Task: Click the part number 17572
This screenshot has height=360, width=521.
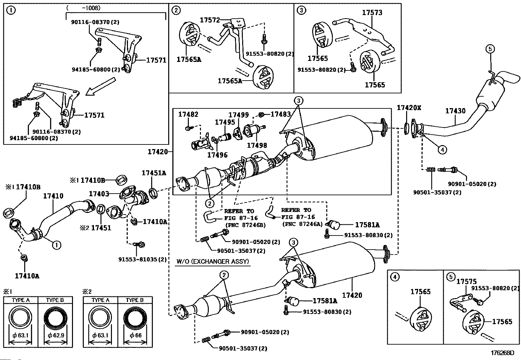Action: click(210, 20)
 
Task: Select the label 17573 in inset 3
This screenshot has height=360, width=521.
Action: click(372, 13)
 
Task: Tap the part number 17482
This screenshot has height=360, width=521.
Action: click(188, 114)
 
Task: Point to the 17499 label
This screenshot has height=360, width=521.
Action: click(239, 115)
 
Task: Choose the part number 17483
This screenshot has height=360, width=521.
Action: click(280, 114)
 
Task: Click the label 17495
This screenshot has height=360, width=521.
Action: click(225, 122)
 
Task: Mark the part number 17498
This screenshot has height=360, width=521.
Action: click(257, 145)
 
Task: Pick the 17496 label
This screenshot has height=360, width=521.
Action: click(217, 155)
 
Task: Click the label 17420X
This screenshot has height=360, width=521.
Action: click(409, 108)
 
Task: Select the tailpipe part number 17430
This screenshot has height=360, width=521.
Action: click(455, 111)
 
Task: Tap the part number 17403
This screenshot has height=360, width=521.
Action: click(99, 194)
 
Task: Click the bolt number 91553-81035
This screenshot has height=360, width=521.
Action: click(142, 259)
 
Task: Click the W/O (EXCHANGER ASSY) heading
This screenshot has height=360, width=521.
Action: click(213, 261)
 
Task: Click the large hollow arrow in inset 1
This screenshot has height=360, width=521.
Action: click(100, 86)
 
